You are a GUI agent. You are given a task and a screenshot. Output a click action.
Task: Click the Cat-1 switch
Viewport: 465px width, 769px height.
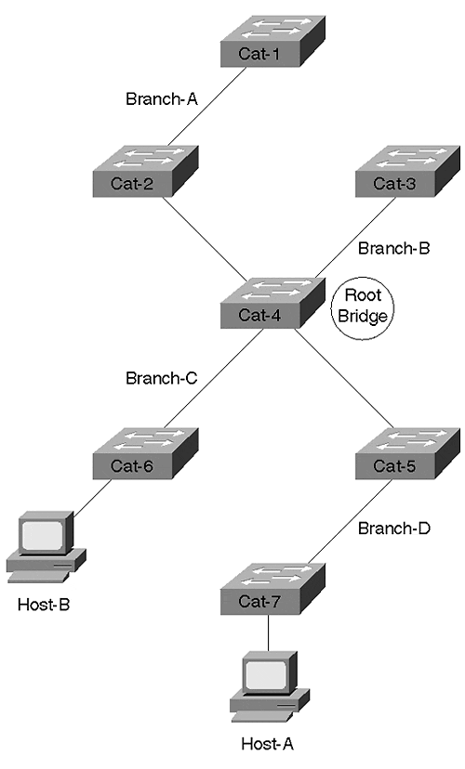272,41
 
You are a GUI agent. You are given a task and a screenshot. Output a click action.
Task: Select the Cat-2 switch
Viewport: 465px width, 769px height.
145,171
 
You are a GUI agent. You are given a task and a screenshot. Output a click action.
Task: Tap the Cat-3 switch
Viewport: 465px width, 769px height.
408,171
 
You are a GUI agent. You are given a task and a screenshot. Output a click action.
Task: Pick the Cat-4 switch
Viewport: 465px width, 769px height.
272,303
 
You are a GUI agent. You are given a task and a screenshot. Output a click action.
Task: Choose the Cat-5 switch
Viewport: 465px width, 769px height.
408,453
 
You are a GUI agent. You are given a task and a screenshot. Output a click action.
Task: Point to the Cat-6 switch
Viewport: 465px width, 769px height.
145,453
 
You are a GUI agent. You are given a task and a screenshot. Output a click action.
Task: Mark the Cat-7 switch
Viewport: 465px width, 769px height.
272,589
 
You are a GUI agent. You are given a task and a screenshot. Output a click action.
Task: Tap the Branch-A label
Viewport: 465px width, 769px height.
162,98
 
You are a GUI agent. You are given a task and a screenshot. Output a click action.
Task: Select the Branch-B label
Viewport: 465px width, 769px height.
393,248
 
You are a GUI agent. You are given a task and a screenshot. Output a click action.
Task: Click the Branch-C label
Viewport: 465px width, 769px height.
162,378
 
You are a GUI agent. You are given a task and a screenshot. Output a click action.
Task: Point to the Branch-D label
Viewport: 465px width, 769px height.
393,528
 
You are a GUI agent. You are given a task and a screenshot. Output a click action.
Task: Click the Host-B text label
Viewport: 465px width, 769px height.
44,605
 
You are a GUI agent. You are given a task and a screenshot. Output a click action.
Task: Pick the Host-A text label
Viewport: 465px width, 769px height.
268,744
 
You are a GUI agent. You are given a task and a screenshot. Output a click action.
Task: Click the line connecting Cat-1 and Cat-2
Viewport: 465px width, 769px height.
206,107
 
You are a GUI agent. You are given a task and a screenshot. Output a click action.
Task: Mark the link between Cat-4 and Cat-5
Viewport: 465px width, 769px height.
344,379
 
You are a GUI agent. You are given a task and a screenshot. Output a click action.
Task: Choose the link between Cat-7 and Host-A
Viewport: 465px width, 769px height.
269,633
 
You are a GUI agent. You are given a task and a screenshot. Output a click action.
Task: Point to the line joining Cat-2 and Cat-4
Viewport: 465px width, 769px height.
205,239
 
